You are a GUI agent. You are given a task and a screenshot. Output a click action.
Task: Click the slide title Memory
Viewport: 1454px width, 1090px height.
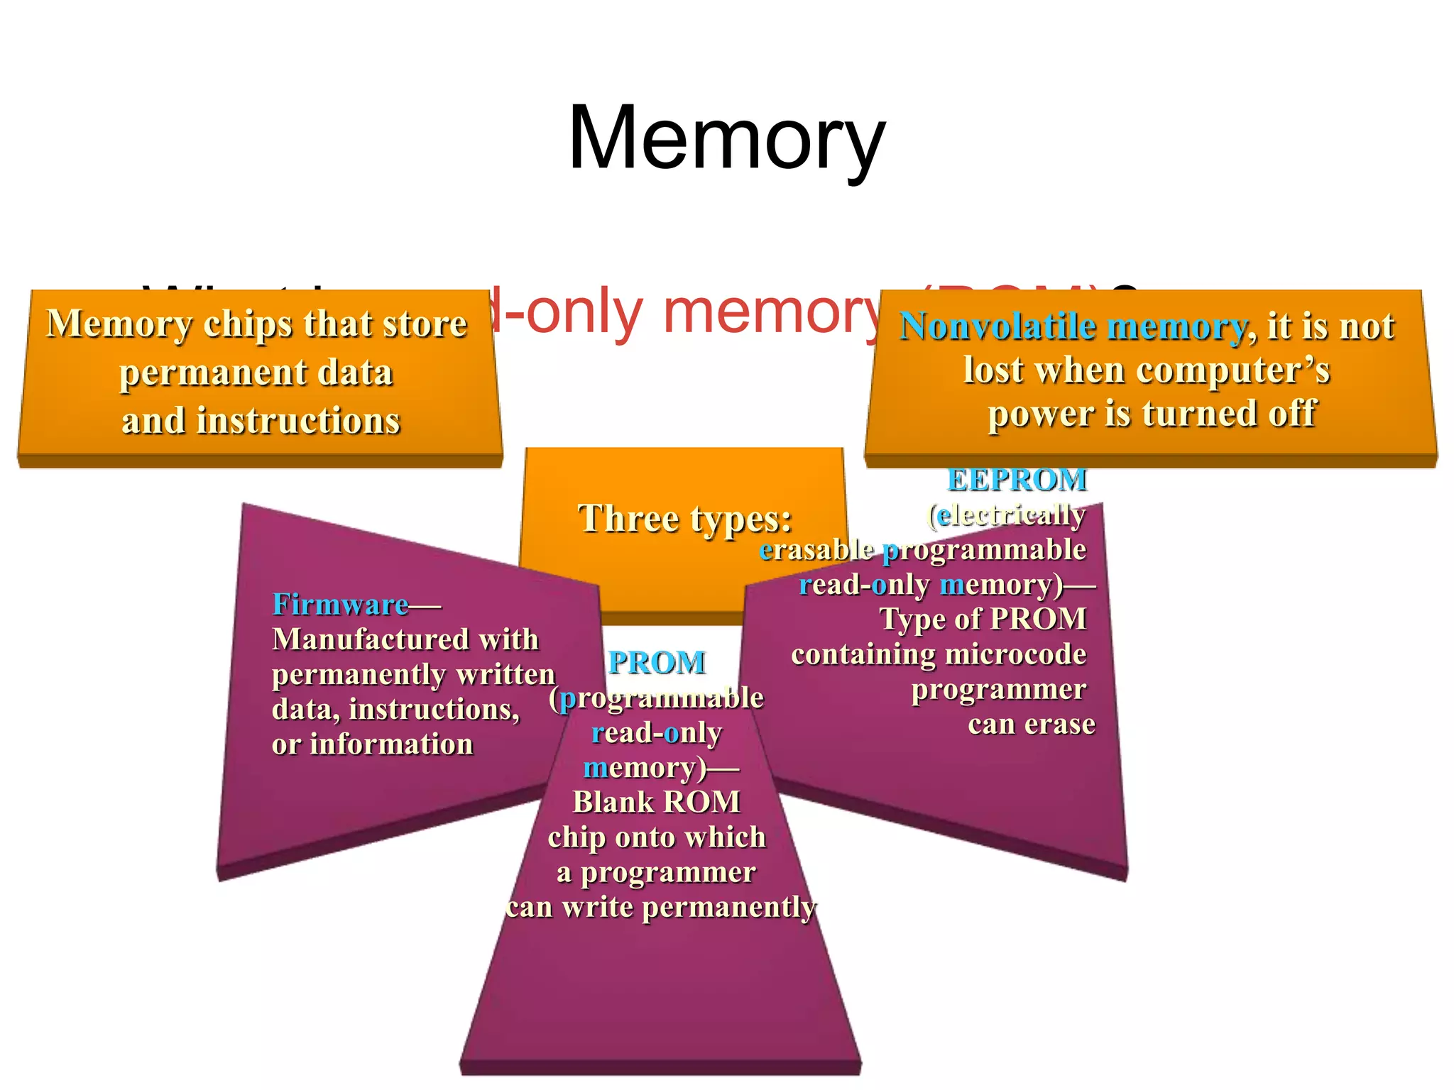point(726,138)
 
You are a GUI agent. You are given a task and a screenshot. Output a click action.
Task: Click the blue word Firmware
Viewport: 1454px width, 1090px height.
point(340,605)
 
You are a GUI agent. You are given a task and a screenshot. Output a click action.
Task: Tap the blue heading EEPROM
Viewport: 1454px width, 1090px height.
point(1017,480)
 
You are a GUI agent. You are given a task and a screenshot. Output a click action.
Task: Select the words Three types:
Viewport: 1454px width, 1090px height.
point(684,519)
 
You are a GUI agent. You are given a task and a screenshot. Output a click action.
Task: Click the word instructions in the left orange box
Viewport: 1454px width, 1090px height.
point(298,421)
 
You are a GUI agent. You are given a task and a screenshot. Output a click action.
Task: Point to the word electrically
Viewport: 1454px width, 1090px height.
point(1011,515)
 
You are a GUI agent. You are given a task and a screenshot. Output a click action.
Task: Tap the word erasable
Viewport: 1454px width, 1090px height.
point(816,550)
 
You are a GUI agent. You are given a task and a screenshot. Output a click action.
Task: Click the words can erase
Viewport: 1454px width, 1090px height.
point(1031,725)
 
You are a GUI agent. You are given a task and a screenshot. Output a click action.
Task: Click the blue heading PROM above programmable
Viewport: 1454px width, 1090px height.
point(657,663)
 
